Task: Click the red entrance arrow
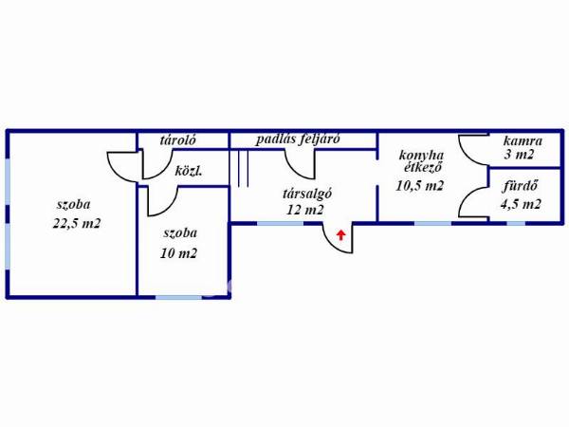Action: pyautogui.click(x=340, y=235)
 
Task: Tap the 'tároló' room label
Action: pyautogui.click(x=178, y=140)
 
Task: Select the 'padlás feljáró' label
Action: pyautogui.click(x=298, y=139)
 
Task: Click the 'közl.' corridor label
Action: pyautogui.click(x=189, y=171)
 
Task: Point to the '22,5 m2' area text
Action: pyautogui.click(x=77, y=223)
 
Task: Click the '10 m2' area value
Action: pyautogui.click(x=178, y=253)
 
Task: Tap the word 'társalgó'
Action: pyautogui.click(x=307, y=194)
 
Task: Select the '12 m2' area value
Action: pyautogui.click(x=304, y=210)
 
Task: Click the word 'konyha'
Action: pyautogui.click(x=421, y=156)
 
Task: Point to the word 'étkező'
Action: pyautogui.click(x=423, y=167)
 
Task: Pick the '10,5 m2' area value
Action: pyautogui.click(x=420, y=186)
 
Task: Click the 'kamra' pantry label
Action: pyautogui.click(x=523, y=140)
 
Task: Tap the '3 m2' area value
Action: pyautogui.click(x=519, y=155)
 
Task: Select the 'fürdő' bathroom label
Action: pyautogui.click(x=520, y=186)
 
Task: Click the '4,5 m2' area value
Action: pyautogui.click(x=521, y=204)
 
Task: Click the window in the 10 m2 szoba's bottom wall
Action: pyautogui.click(x=178, y=297)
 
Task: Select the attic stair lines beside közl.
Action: pyautogui.click(x=239, y=169)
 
